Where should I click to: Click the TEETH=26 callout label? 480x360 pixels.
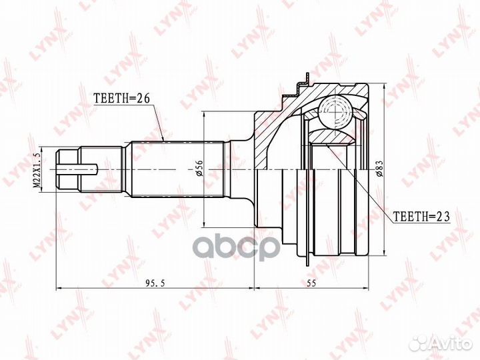(121, 98)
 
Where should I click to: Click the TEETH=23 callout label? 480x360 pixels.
(421, 217)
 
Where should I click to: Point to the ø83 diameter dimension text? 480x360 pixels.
(379, 169)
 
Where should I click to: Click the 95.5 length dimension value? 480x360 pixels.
(155, 283)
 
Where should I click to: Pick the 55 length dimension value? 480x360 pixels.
(311, 283)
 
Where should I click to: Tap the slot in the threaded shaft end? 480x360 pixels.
(77, 169)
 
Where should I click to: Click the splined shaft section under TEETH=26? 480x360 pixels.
(177, 169)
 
